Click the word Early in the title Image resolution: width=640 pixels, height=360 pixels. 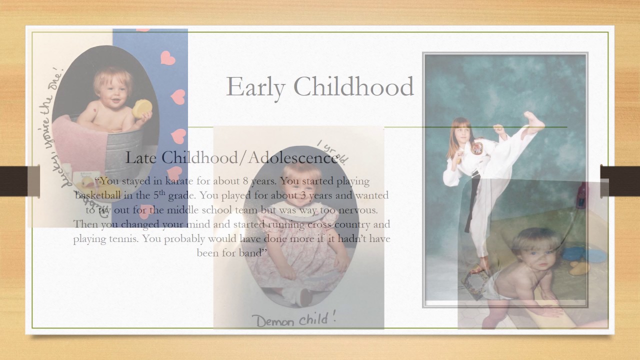pos(255,86)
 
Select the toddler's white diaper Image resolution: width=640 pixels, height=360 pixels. pos(497,286)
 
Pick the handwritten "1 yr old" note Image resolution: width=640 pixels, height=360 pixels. pos(332,151)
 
